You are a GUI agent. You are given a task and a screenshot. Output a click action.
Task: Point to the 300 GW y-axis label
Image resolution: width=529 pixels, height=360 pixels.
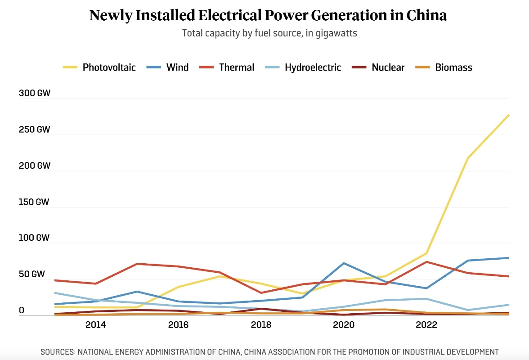pyautogui.click(x=34, y=94)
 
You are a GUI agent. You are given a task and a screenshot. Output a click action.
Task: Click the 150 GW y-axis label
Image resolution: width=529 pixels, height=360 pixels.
pyautogui.click(x=34, y=202)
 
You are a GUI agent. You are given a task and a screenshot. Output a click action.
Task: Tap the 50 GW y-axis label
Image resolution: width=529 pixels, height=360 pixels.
pyautogui.click(x=31, y=274)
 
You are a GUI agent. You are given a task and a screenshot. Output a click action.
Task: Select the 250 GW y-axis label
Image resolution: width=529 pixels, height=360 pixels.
pyautogui.click(x=34, y=130)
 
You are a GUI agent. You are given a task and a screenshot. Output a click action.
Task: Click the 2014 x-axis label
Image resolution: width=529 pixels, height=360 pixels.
pyautogui.click(x=95, y=325)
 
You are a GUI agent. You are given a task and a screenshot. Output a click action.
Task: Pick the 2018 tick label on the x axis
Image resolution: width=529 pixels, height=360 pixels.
pyautogui.click(x=261, y=325)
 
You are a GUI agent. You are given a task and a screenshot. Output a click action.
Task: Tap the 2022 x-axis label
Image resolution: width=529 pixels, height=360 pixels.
pyautogui.click(x=426, y=325)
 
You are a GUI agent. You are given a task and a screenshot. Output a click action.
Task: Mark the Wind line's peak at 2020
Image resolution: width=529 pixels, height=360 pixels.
pyautogui.click(x=344, y=263)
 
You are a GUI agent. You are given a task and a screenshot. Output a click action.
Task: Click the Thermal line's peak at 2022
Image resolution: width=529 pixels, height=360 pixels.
pyautogui.click(x=426, y=262)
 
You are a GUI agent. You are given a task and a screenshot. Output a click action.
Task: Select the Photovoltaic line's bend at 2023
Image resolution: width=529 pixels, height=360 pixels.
pyautogui.click(x=468, y=158)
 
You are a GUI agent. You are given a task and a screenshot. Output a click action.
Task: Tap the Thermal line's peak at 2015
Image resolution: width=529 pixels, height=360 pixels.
pyautogui.click(x=137, y=264)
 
